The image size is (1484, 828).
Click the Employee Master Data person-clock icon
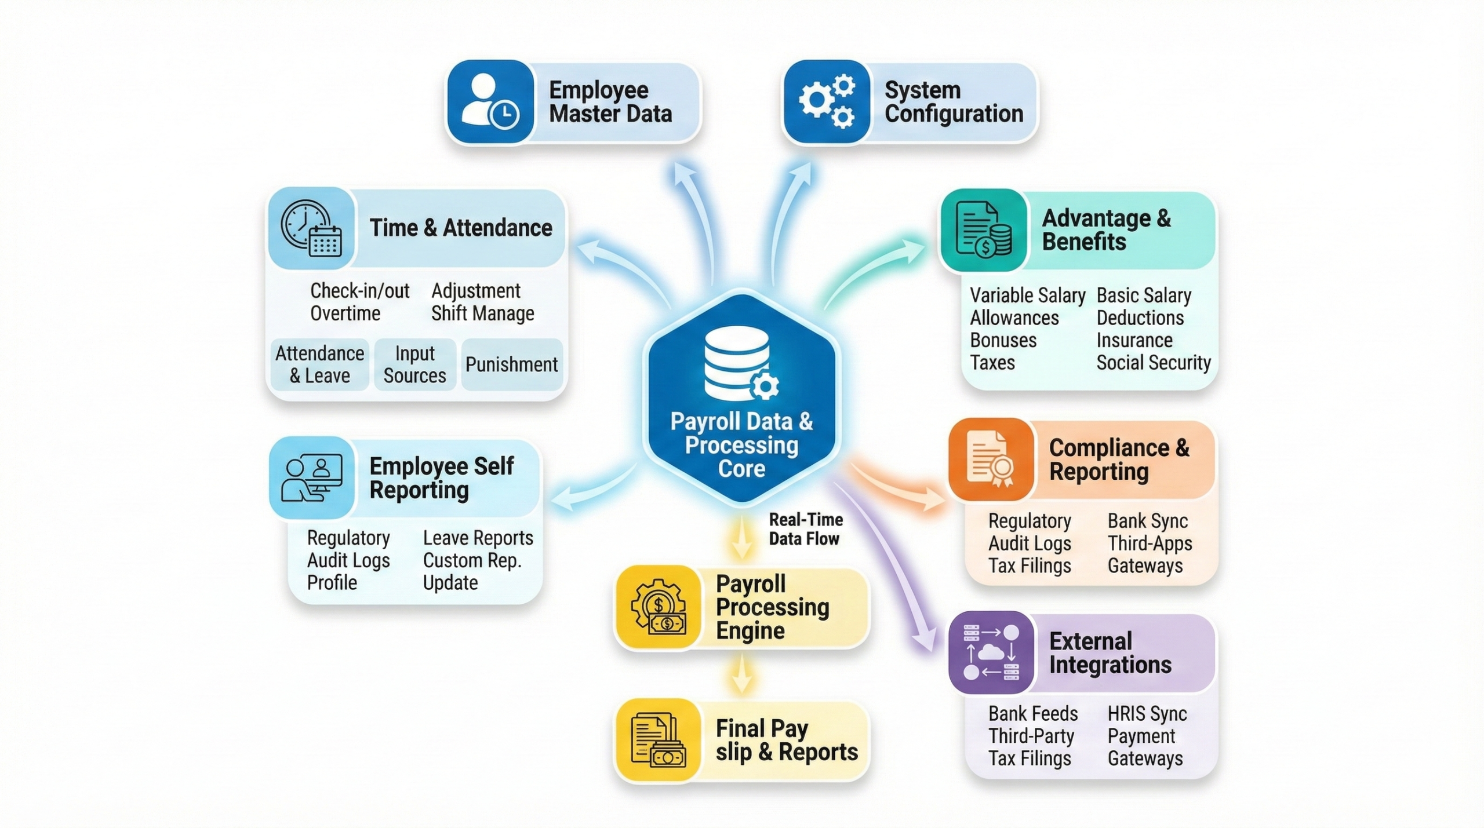click(490, 101)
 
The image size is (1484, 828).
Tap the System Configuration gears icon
click(827, 101)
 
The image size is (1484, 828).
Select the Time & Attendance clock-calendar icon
click(311, 228)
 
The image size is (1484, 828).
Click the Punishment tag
click(511, 364)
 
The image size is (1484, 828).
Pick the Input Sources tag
click(414, 364)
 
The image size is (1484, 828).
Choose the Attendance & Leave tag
click(319, 364)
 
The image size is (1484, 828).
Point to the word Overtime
click(345, 313)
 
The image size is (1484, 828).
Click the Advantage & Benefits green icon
click(984, 230)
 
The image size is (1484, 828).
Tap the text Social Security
click(1154, 363)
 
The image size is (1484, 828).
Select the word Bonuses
click(1003, 340)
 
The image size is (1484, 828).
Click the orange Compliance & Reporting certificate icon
click(991, 459)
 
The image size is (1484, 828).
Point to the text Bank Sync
click(1148, 521)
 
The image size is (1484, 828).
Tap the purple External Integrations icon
click(991, 652)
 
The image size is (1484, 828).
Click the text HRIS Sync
click(1147, 714)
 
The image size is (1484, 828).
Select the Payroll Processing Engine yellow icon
click(659, 607)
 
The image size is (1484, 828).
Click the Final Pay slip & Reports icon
click(659, 740)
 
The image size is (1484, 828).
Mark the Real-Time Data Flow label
click(805, 529)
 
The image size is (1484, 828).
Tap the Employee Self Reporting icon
click(312, 477)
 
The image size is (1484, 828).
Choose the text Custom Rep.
click(472, 560)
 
